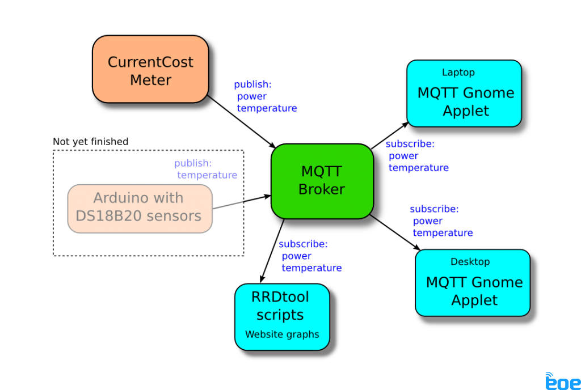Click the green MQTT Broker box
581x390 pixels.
coord(322,181)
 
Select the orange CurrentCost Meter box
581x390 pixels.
coord(150,70)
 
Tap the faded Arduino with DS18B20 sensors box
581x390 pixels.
coord(140,208)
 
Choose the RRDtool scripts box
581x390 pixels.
coord(282,316)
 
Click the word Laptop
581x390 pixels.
coord(458,73)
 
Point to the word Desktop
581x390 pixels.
coord(470,262)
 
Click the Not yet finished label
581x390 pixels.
coord(90,142)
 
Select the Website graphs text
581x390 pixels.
coord(282,334)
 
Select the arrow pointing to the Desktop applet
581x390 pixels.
coord(395,232)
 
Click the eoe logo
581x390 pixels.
coord(563,381)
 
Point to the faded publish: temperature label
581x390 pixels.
coord(205,169)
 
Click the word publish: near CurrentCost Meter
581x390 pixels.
coord(252,84)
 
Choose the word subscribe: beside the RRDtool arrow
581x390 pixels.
coord(303,244)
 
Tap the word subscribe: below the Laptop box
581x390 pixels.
coord(410,144)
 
